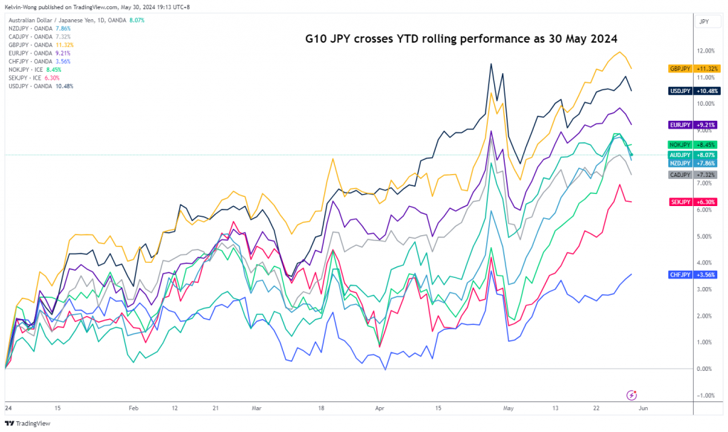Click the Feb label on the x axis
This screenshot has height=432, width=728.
pyautogui.click(x=133, y=409)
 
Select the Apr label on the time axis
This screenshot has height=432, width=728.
pyautogui.click(x=379, y=409)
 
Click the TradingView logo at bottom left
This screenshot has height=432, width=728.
pyautogui.click(x=28, y=421)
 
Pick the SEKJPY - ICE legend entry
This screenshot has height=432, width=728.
pyautogui.click(x=33, y=79)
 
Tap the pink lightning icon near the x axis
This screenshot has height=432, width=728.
pyautogui.click(x=631, y=395)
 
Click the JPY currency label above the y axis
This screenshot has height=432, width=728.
pyautogui.click(x=704, y=22)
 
